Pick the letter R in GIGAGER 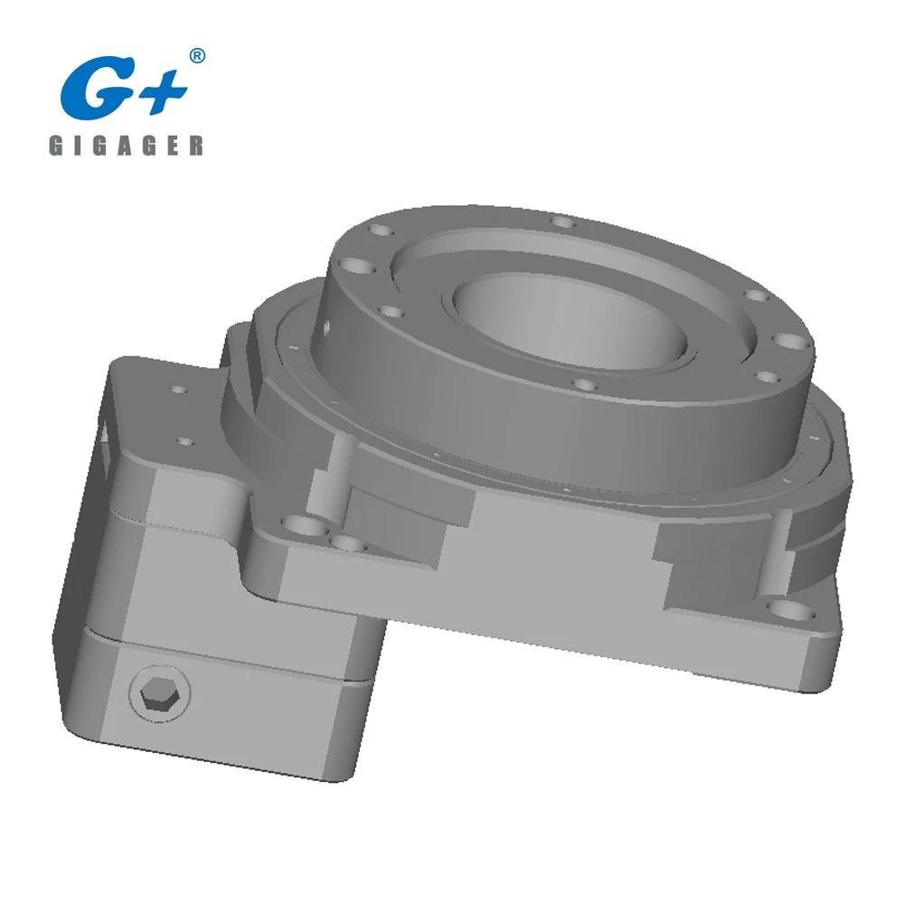(x=196, y=146)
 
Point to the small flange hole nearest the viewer (x=585, y=387)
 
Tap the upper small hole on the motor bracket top (x=177, y=390)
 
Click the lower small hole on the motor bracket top (x=185, y=442)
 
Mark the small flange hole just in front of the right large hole (x=766, y=376)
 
